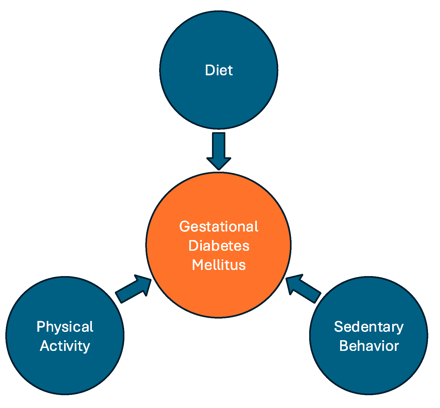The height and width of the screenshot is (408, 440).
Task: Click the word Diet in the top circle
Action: pyautogui.click(x=219, y=70)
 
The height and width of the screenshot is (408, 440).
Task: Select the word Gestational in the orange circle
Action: pyautogui.click(x=219, y=227)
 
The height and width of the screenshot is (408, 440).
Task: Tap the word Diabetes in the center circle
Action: pyautogui.click(x=219, y=246)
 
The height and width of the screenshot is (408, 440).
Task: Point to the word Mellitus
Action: pyautogui.click(x=219, y=265)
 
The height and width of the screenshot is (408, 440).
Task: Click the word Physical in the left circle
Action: pyautogui.click(x=65, y=327)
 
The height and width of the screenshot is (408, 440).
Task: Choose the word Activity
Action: pyautogui.click(x=65, y=346)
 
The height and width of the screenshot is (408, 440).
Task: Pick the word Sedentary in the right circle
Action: pyautogui.click(x=369, y=327)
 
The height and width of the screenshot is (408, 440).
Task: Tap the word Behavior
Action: pyautogui.click(x=369, y=346)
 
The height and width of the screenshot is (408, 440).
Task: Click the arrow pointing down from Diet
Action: pyautogui.click(x=219, y=150)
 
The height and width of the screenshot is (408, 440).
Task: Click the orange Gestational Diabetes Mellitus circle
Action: pyautogui.click(x=219, y=294)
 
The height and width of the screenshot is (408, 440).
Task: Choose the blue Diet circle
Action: pyautogui.click(x=219, y=101)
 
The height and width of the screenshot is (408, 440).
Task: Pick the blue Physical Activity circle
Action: pyautogui.click(x=65, y=374)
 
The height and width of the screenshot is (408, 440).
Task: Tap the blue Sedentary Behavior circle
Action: pyautogui.click(x=369, y=374)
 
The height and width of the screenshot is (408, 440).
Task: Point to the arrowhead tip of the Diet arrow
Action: pyautogui.click(x=219, y=169)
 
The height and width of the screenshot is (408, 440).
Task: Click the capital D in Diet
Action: pyautogui.click(x=210, y=70)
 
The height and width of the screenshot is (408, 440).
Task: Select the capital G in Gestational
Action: pyautogui.click(x=184, y=227)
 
